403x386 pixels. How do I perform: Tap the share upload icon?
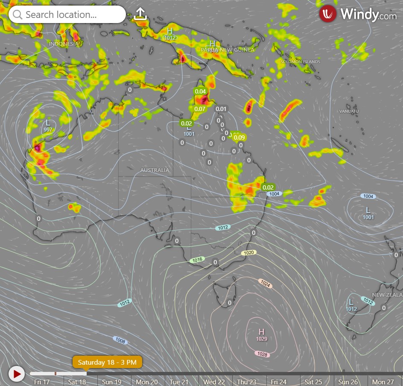click(x=140, y=14)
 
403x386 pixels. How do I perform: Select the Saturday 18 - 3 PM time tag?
click(x=107, y=363)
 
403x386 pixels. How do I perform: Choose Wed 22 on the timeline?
click(x=214, y=382)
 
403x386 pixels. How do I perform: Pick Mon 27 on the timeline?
click(x=383, y=382)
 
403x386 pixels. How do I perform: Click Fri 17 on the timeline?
click(x=42, y=382)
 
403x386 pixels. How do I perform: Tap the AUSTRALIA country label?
click(x=155, y=170)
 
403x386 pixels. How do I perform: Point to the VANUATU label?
click(x=349, y=111)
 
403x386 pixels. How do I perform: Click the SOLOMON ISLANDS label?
click(x=300, y=62)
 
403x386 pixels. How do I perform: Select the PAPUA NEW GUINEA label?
click(x=228, y=50)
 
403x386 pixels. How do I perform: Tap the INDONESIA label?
click(x=64, y=44)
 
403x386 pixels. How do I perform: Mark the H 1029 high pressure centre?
click(x=262, y=334)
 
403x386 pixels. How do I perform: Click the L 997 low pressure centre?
click(x=48, y=125)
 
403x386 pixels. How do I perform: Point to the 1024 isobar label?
click(x=265, y=283)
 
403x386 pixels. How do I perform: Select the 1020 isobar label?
click(x=249, y=253)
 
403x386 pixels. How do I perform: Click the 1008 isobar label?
click(x=120, y=340)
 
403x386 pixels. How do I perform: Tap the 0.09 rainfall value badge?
click(x=239, y=137)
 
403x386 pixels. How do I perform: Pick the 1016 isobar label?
click(x=197, y=260)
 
